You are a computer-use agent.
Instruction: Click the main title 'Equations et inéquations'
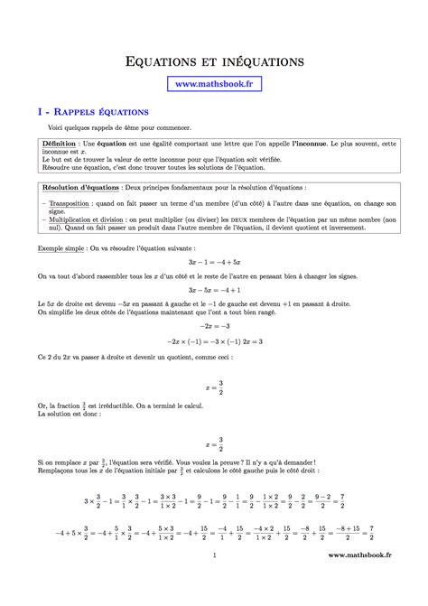214,61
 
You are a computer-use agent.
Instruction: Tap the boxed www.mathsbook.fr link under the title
214,84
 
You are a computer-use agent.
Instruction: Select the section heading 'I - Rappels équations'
93,112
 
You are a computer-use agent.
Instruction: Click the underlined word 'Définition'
60,144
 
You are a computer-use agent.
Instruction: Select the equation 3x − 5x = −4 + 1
214,291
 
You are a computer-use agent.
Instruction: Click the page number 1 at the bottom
214,581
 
